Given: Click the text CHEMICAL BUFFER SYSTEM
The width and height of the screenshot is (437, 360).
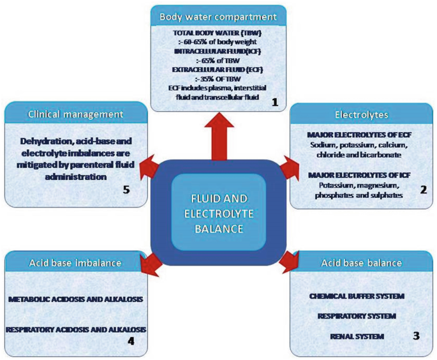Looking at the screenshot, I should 357,297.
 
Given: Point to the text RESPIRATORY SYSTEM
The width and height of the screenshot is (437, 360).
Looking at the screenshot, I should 357,315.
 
